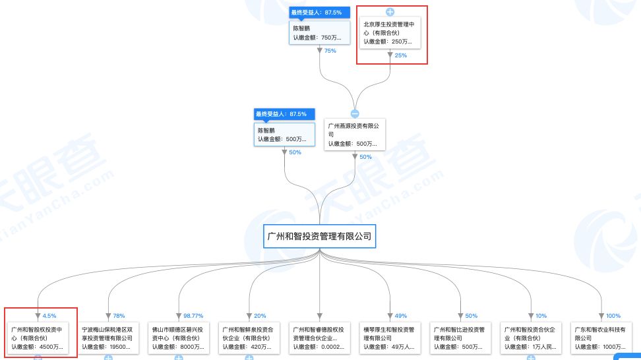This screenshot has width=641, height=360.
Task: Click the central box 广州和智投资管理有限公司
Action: click(x=319, y=235)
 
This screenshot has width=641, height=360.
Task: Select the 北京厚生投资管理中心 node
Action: click(x=390, y=32)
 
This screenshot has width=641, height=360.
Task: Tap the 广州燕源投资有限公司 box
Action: click(x=355, y=134)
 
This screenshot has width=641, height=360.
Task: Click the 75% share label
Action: click(x=330, y=51)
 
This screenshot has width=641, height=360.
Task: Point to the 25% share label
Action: click(x=401, y=55)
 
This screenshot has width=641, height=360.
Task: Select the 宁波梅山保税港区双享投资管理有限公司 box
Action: click(x=107, y=337)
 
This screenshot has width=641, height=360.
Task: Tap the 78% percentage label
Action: click(x=119, y=316)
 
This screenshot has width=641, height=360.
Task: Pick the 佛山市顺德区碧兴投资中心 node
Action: click(x=179, y=337)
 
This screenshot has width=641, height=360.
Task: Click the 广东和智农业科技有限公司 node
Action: click(x=601, y=337)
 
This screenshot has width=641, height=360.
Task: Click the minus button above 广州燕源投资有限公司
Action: click(x=355, y=113)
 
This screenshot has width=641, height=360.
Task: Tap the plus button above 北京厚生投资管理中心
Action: click(x=390, y=12)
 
